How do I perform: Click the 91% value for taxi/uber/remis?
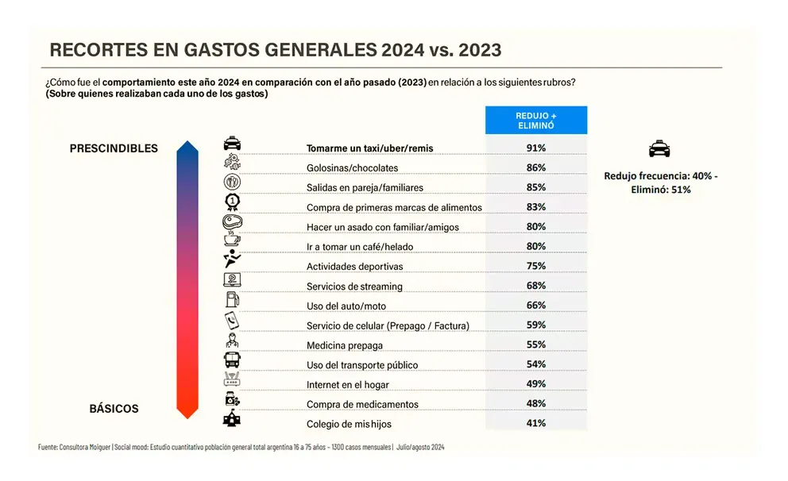[535, 148]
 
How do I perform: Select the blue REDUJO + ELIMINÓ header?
[535, 120]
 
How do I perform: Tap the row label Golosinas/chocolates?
[352, 168]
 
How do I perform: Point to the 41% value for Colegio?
[535, 424]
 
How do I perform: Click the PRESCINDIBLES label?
[114, 148]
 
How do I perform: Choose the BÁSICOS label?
[114, 409]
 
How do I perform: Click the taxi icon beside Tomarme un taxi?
[232, 144]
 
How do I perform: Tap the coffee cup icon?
[232, 240]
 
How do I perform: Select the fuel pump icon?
[232, 300]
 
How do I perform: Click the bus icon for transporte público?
[232, 360]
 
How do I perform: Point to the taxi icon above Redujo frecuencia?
[659, 148]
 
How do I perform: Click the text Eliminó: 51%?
[660, 190]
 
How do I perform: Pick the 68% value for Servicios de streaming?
[535, 287]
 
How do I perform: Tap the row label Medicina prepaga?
[344, 345]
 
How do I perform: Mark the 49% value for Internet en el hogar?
[535, 385]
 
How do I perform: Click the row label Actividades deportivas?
[354, 267]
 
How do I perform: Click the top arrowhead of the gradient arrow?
[186, 147]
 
